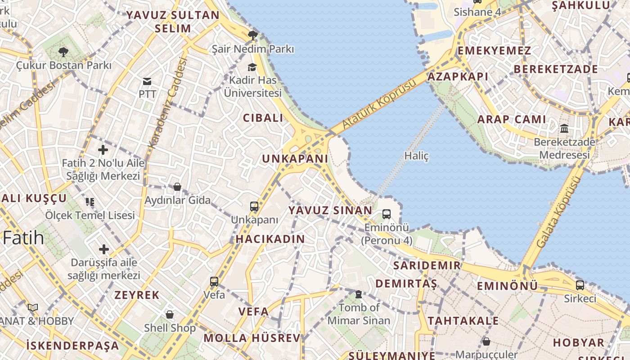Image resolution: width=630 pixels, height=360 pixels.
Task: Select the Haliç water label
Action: click(416, 156)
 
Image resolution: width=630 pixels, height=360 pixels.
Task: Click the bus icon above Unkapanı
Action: click(254, 207)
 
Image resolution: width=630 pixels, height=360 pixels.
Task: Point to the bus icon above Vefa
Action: click(214, 282)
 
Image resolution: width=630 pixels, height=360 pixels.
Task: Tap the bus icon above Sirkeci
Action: click(580, 285)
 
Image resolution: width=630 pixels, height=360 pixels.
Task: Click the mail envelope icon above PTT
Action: click(147, 81)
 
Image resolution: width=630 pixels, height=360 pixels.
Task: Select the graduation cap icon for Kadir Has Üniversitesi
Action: click(252, 67)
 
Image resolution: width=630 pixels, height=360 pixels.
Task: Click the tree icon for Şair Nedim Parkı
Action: click(253, 35)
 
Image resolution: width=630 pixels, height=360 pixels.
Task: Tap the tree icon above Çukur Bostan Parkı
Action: click(63, 52)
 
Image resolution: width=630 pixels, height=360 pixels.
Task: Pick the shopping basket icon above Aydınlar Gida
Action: click(177, 187)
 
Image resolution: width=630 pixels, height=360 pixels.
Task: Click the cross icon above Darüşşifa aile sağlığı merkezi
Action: click(104, 249)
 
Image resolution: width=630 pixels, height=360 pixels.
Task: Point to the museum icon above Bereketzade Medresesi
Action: click(564, 129)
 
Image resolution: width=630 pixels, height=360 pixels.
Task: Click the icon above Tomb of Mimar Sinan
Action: click(359, 294)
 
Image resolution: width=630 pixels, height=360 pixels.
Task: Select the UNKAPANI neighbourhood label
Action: click(295, 159)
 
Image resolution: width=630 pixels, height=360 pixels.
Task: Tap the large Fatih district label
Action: click(23, 238)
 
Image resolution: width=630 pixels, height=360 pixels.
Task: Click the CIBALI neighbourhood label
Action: click(263, 118)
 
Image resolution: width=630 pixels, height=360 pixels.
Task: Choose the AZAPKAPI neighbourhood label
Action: click(458, 76)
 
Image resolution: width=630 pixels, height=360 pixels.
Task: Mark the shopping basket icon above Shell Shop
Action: click(170, 314)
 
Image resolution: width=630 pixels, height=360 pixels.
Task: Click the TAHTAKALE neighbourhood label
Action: click(463, 321)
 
